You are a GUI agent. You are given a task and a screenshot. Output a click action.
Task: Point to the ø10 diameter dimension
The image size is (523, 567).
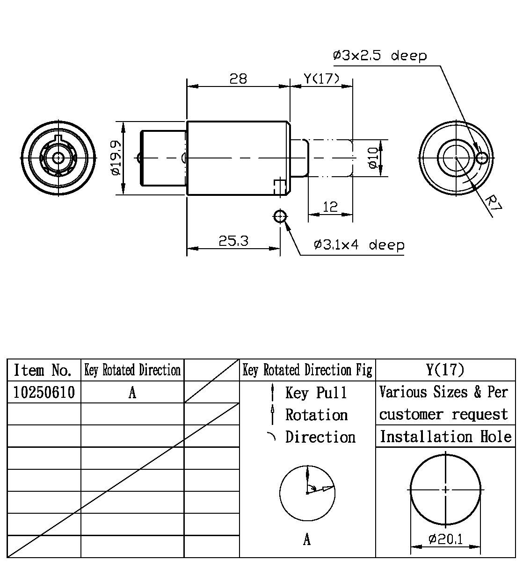[373, 158]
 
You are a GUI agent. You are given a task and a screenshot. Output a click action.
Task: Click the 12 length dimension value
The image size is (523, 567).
[330, 207]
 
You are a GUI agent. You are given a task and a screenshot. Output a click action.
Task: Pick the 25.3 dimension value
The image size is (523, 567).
[233, 241]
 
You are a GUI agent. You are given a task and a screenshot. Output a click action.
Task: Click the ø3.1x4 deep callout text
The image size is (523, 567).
[359, 245]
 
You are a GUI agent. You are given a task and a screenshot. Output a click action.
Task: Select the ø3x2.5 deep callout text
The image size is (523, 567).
[380, 56]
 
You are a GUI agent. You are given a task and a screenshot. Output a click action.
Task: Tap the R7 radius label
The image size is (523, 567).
[493, 203]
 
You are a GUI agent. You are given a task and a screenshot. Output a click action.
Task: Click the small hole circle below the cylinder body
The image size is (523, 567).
[280, 216]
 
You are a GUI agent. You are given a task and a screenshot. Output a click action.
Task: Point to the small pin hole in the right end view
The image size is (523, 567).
[481, 158]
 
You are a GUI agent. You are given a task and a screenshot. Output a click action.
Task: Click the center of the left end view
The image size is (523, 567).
[58, 158]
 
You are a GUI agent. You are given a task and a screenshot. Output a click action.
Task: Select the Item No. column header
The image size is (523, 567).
[43, 370]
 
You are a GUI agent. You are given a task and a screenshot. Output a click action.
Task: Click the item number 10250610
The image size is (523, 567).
[44, 392]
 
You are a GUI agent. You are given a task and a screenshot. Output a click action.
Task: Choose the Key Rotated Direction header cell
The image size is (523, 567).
[132, 370]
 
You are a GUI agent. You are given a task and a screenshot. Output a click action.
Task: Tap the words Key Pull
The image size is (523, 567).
[316, 393]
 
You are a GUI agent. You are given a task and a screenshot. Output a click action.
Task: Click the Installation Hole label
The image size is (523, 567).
[445, 437]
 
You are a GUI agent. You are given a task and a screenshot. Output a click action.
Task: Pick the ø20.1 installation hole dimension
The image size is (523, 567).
[445, 539]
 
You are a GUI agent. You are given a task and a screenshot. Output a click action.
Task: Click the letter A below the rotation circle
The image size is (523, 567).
[307, 540]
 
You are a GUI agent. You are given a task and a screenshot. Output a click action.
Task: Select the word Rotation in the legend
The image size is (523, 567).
[317, 415]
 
